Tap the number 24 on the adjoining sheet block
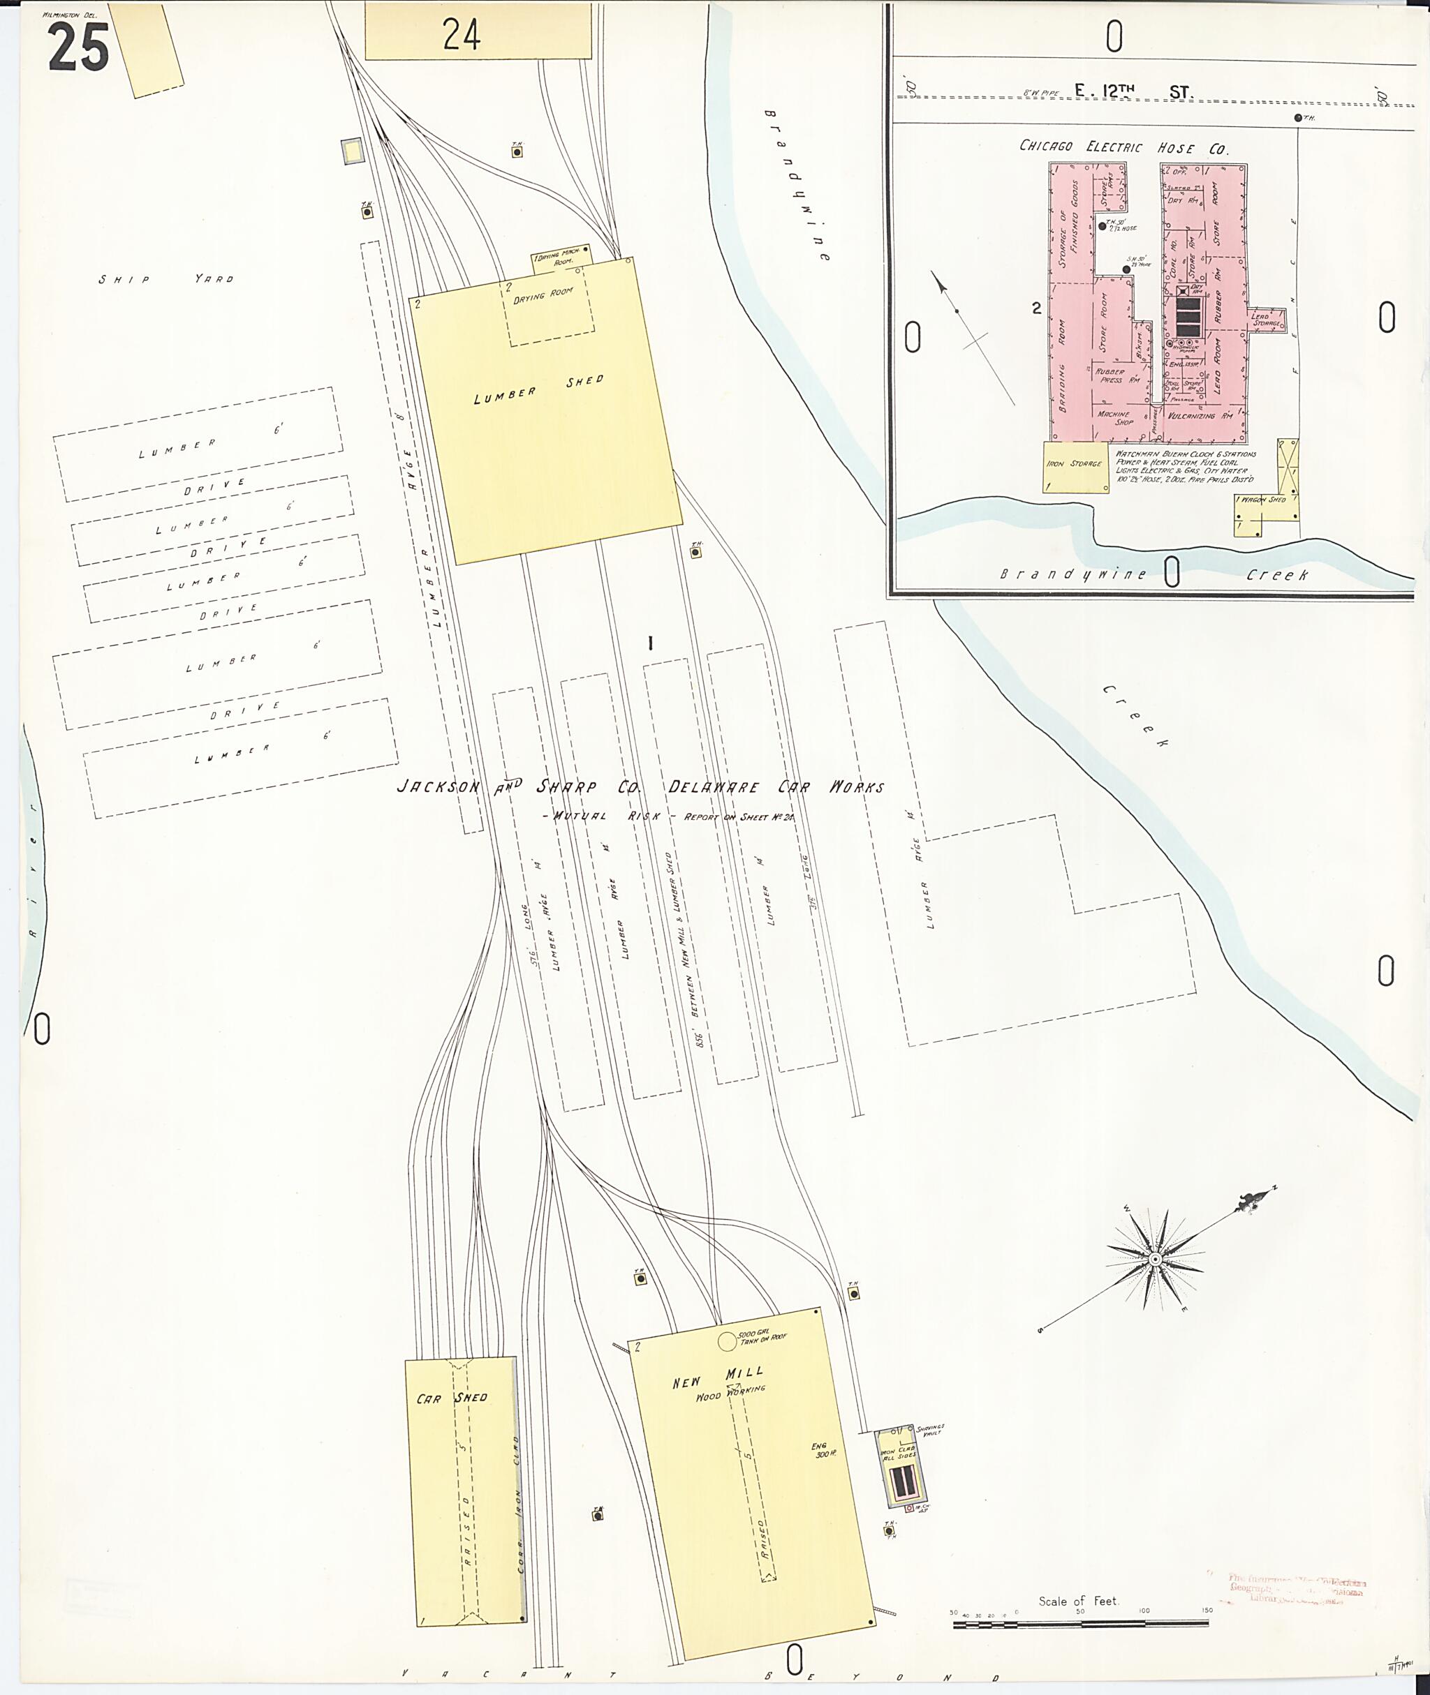pyautogui.click(x=462, y=34)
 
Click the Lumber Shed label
pyautogui.click(x=538, y=389)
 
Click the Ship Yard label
pyautogui.click(x=166, y=278)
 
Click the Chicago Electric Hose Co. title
pyautogui.click(x=1123, y=147)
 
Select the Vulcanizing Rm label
pyautogui.click(x=1202, y=416)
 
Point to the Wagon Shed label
pyautogui.click(x=1263, y=500)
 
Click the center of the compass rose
pyautogui.click(x=1154, y=1259)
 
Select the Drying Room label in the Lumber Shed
pyautogui.click(x=543, y=295)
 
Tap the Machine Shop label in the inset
pyautogui.click(x=1114, y=418)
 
